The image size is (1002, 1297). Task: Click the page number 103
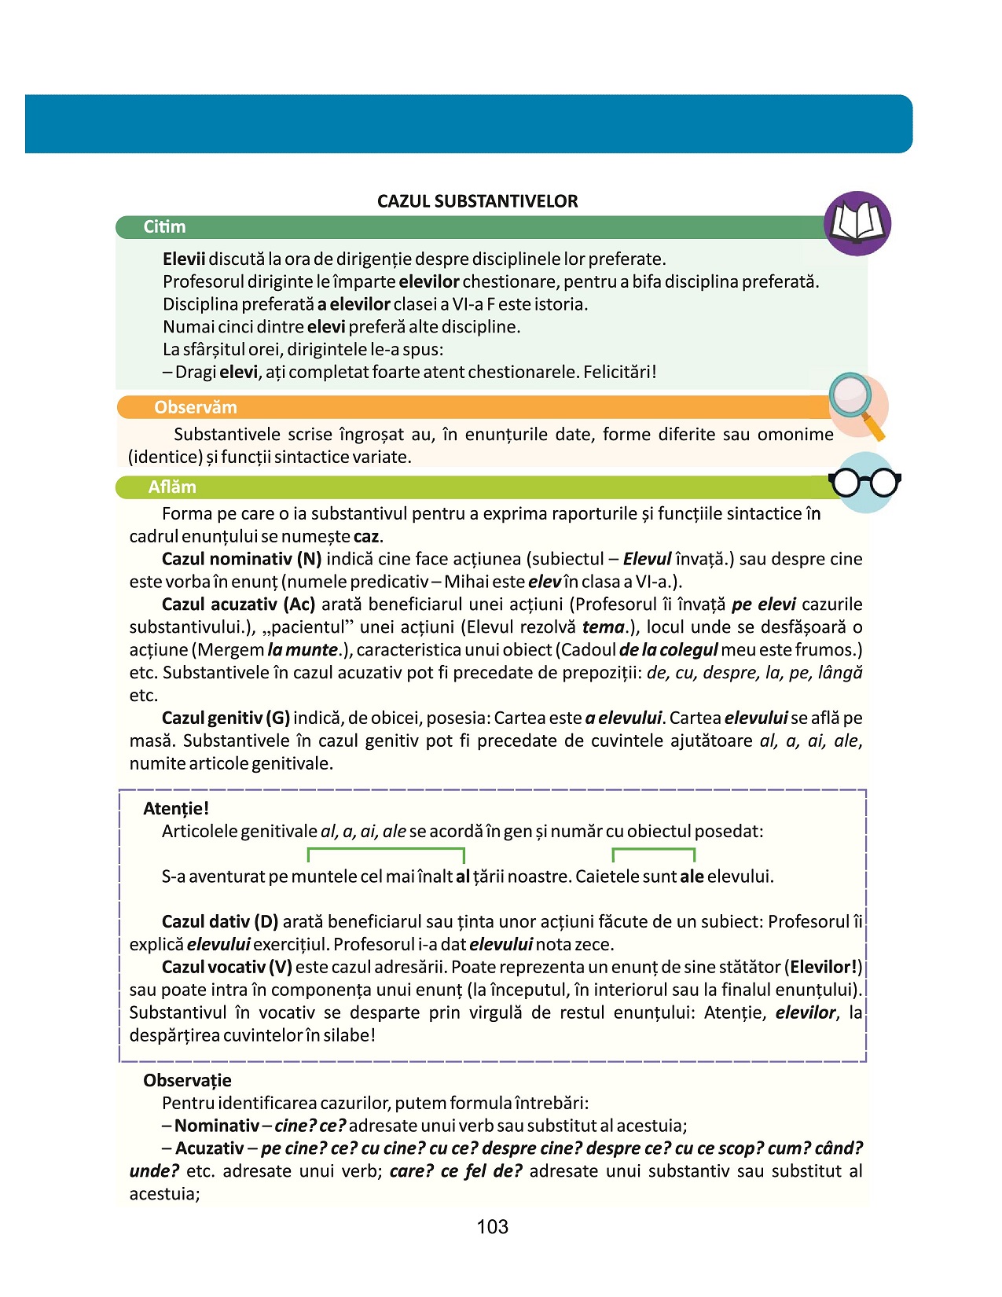click(492, 1227)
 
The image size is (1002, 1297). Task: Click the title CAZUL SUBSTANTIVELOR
click(477, 201)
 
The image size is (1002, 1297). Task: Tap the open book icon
click(857, 223)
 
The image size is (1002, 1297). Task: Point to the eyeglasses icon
click(864, 482)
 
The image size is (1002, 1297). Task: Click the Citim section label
click(164, 227)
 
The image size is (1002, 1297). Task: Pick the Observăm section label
click(195, 407)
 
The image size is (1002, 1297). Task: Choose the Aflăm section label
click(172, 487)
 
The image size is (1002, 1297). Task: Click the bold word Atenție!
click(176, 809)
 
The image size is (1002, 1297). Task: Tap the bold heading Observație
click(187, 1081)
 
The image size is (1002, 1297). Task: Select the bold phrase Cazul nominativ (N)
click(241, 559)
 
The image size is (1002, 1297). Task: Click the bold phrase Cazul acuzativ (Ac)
click(238, 604)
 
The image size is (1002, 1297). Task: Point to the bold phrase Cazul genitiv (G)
click(226, 718)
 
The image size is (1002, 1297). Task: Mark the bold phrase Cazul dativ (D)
click(220, 921)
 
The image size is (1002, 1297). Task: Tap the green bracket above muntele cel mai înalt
click(386, 851)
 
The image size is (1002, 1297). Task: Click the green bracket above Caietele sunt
click(653, 851)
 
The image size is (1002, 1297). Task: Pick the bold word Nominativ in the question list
click(217, 1126)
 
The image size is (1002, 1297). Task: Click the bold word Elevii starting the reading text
click(184, 259)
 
